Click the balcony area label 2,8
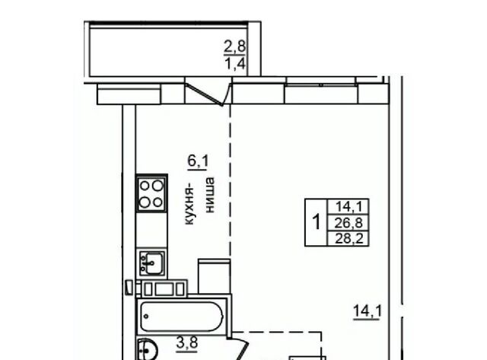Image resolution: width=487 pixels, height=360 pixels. [x=235, y=46]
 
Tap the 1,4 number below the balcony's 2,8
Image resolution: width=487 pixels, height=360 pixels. [x=235, y=64]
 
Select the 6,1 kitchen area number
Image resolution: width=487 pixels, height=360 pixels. [x=198, y=161]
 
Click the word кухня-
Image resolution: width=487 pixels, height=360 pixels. [x=189, y=206]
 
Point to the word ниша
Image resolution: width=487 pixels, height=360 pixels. [x=210, y=195]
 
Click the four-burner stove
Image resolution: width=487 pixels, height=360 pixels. [x=151, y=193]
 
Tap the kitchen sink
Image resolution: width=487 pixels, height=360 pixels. [x=151, y=263]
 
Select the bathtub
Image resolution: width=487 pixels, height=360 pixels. [x=182, y=317]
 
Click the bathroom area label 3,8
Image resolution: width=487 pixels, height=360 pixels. [x=187, y=343]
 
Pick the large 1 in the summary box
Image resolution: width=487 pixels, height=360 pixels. [x=317, y=221]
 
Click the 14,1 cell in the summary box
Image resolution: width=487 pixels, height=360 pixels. [x=349, y=206]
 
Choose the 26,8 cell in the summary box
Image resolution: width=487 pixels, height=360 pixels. [x=349, y=223]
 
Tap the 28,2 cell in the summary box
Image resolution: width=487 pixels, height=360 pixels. [x=349, y=238]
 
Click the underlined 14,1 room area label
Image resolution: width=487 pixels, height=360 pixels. [x=368, y=311]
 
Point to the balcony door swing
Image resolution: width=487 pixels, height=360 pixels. [x=208, y=92]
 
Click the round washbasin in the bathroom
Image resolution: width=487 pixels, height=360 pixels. [x=148, y=349]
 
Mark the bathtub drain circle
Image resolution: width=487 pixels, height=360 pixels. [x=146, y=317]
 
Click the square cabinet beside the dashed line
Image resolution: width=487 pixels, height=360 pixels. [x=214, y=276]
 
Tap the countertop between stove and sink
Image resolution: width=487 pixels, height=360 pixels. [x=151, y=231]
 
